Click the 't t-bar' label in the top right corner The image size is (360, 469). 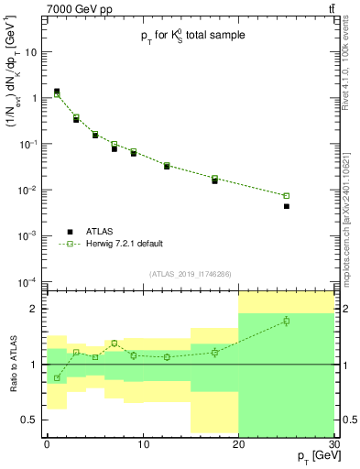coord(331,8)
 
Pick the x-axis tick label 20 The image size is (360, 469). coord(238,444)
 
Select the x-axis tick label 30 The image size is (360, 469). coord(333,444)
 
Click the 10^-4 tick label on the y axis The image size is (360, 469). coord(30,281)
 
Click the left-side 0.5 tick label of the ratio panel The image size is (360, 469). coord(31,420)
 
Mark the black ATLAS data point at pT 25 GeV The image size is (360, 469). coord(286,206)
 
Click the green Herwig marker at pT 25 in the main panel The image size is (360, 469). coord(286,195)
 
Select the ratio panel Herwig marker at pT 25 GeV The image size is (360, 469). coord(286,321)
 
